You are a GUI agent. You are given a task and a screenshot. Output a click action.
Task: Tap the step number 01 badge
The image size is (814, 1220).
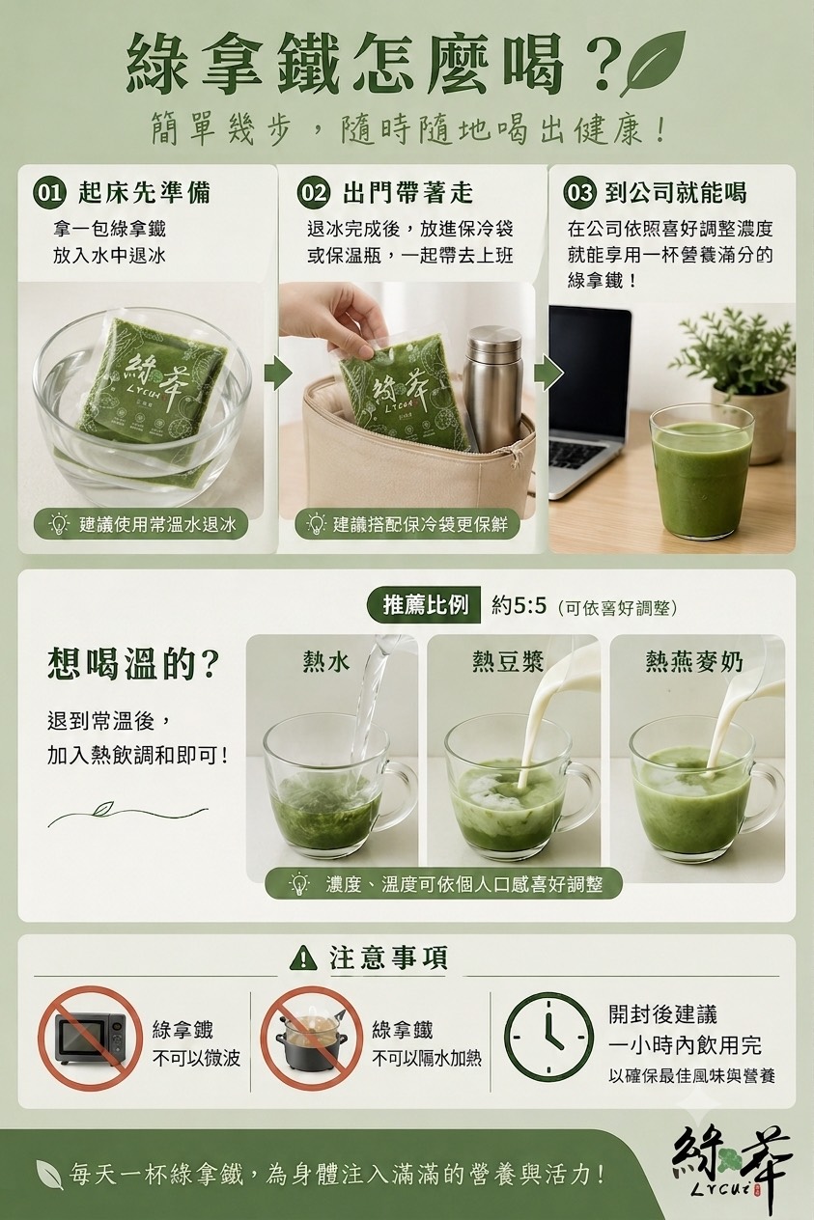[49, 193]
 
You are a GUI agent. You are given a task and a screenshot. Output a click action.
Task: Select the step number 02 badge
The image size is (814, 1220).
[313, 193]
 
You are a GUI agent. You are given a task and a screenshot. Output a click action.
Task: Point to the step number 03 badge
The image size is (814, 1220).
[579, 193]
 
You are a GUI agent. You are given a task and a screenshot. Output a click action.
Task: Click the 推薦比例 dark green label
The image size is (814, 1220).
[425, 604]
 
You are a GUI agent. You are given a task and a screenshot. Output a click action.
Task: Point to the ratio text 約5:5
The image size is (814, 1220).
[519, 605]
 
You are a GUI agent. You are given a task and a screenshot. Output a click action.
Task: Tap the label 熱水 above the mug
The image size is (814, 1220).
[326, 662]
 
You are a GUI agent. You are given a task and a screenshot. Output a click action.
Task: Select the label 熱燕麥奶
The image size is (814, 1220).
[694, 662]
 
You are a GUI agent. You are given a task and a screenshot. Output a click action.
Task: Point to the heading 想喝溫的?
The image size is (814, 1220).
[133, 664]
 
